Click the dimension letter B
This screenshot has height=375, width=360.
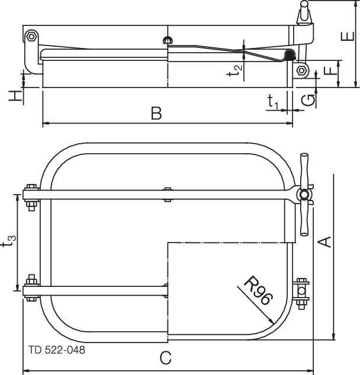156,113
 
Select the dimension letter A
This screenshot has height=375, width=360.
324,241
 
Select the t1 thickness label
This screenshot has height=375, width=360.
273,102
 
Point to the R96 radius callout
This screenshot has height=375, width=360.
258,289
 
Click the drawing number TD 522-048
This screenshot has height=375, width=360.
56,350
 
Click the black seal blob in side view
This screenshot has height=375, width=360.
290,55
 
